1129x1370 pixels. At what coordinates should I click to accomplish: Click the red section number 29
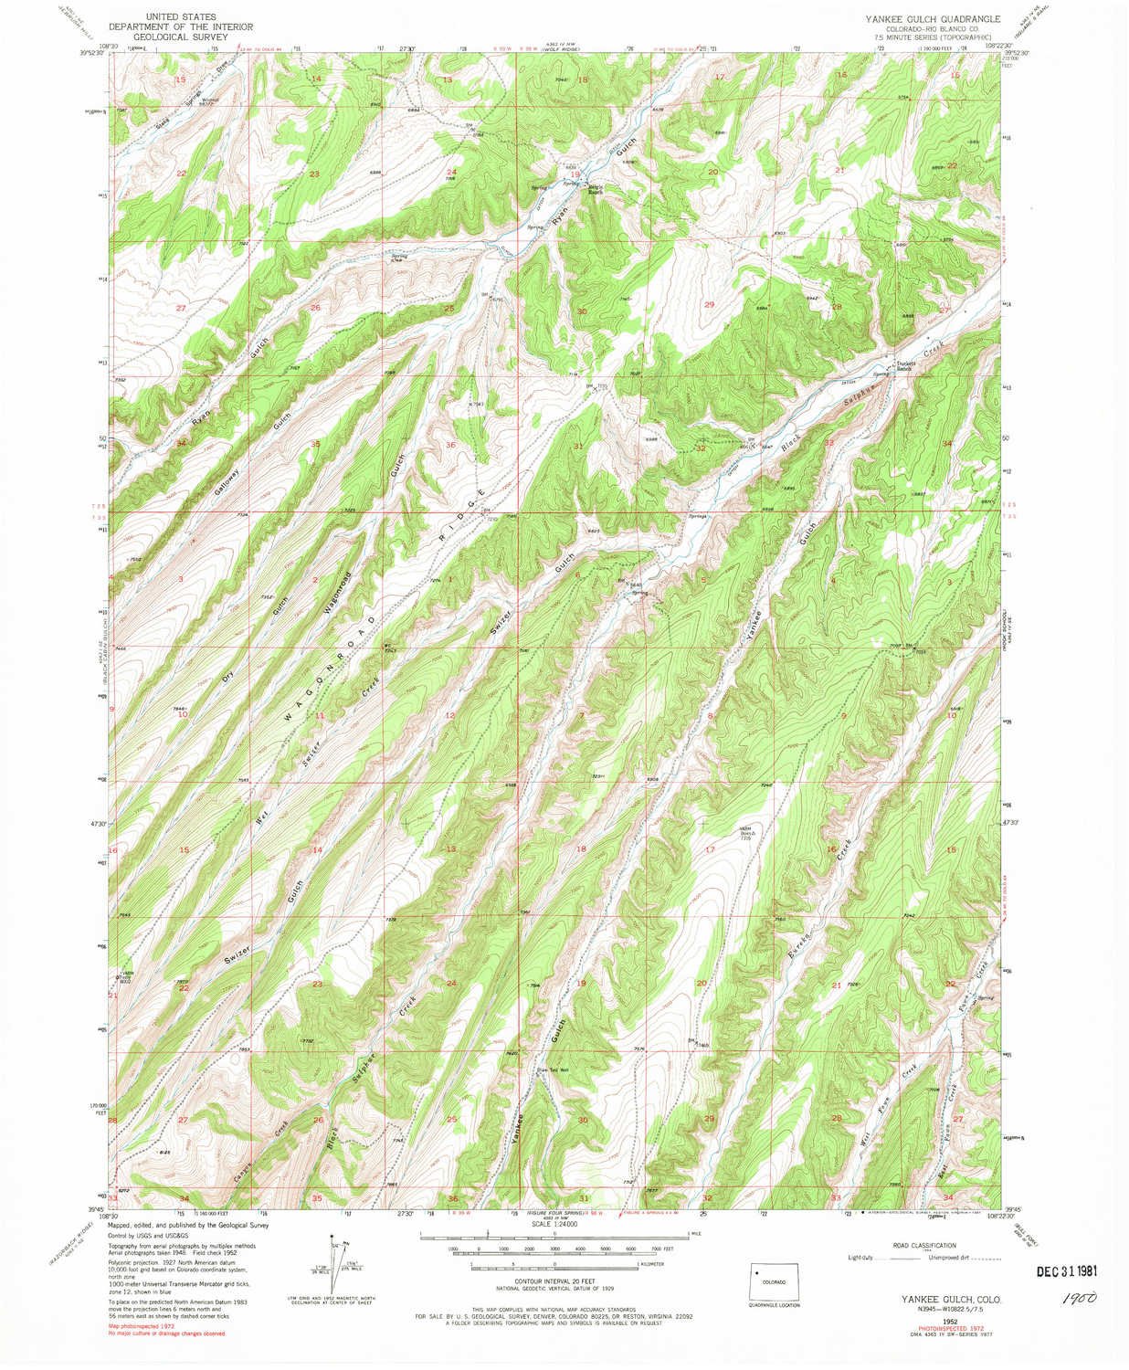709,303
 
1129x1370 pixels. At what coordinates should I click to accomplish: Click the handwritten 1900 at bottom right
1079,1297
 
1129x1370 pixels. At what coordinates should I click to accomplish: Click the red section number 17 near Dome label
710,850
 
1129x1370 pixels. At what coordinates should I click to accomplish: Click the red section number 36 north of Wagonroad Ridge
449,444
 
